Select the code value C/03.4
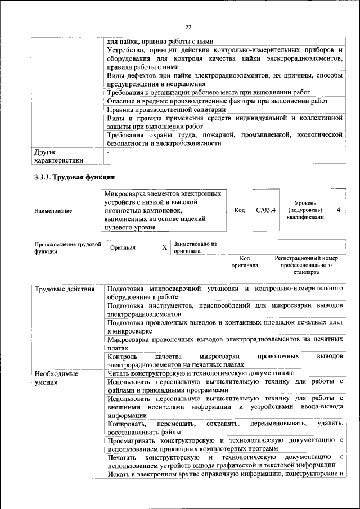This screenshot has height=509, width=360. pos(265,210)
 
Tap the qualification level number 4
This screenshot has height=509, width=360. pos(338,210)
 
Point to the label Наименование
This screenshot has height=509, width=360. pos(53,211)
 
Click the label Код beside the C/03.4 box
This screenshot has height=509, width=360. pos(240,210)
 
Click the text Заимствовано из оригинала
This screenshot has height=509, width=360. pos(195,247)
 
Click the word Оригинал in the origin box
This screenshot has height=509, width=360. pos(123,247)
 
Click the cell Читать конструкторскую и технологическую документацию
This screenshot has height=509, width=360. pos(200,372)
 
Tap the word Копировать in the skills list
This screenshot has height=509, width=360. pos(127,422)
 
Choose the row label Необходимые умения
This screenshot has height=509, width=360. pos(56,377)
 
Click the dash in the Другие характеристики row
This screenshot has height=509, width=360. pos(109,152)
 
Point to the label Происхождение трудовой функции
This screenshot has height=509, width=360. pos(67,248)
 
